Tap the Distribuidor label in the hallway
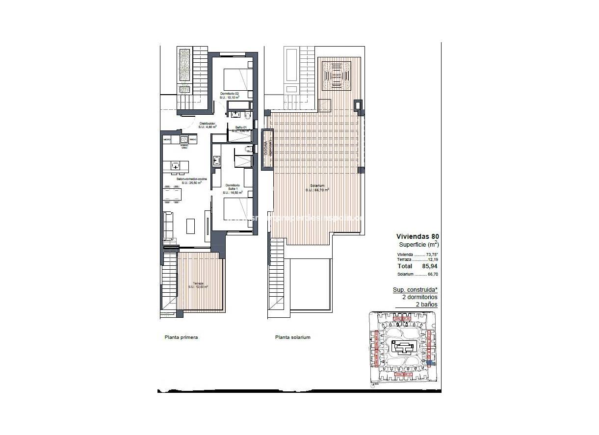tap(207, 124)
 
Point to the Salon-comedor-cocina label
tap(191, 179)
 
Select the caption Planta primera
tap(181, 337)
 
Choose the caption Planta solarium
tap(292, 337)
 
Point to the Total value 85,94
tap(429, 266)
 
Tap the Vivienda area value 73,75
tap(432, 255)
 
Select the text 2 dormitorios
tap(420, 297)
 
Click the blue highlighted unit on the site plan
tap(430, 363)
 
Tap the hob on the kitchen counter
tap(184, 139)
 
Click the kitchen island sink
tap(176, 166)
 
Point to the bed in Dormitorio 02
tap(237, 78)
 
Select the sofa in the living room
tap(168, 225)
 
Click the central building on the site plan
tap(405, 349)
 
